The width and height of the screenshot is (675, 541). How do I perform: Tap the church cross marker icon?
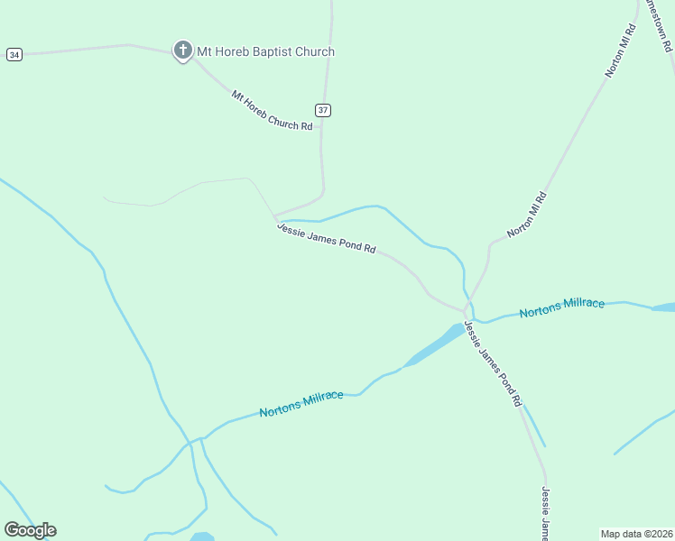(182, 50)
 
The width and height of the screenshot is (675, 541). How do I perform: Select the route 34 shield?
(14, 55)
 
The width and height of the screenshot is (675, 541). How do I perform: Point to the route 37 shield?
(323, 110)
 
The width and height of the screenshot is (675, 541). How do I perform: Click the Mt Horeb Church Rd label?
(272, 110)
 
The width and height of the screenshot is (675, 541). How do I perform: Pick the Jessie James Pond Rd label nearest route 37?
(326, 238)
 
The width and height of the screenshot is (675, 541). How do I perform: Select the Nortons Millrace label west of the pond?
(301, 404)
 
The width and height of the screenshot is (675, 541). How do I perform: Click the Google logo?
(30, 530)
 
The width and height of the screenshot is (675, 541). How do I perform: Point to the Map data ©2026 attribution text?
(637, 533)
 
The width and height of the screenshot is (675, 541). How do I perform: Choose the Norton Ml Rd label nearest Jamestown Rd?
(621, 50)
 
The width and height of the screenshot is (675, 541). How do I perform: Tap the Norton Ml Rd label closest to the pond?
(528, 215)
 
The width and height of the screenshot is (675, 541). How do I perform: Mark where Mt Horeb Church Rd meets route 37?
(321, 127)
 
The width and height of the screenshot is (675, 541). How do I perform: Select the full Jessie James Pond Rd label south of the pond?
(493, 362)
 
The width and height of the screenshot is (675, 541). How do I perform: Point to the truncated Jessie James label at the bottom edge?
(545, 512)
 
